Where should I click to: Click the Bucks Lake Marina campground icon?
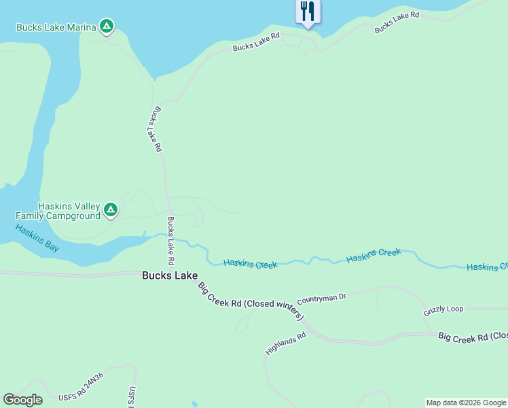click(x=106, y=27)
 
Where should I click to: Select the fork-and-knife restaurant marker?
click(x=308, y=12)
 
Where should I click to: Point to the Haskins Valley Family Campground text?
click(x=58, y=211)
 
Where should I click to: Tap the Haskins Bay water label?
click(x=37, y=238)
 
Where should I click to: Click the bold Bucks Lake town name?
click(x=170, y=275)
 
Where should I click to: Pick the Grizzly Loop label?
click(x=443, y=309)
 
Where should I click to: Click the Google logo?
click(x=22, y=400)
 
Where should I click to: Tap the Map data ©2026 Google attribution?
click(x=466, y=403)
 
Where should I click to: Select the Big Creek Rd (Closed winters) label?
click(x=251, y=300)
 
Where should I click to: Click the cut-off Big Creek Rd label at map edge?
click(x=473, y=336)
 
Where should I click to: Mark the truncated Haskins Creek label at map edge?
click(x=487, y=267)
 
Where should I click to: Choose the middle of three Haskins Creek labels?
click(x=374, y=256)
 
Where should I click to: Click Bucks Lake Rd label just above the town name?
click(x=171, y=241)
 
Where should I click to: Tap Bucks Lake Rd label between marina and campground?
click(x=157, y=128)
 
